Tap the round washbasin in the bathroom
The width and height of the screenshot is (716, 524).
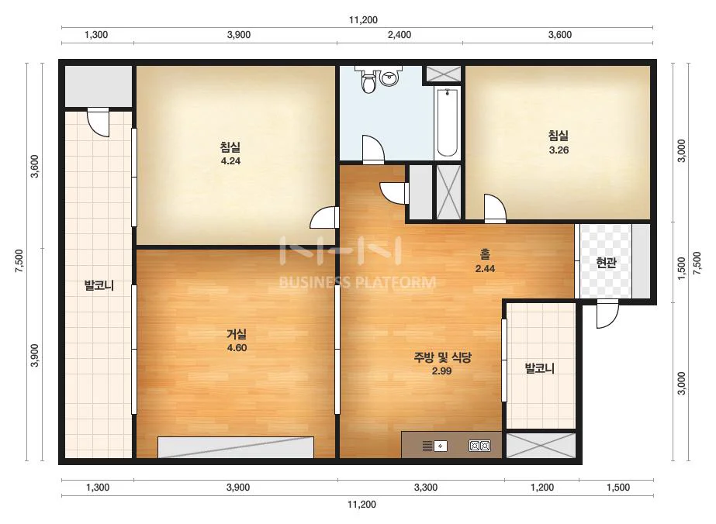pyautogui.click(x=389, y=78)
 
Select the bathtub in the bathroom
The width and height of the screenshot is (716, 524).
pyautogui.click(x=448, y=122)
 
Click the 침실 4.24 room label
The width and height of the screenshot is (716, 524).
pyautogui.click(x=230, y=153)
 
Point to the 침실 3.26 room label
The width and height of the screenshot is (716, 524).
pyautogui.click(x=559, y=143)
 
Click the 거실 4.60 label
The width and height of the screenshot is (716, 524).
pyautogui.click(x=237, y=340)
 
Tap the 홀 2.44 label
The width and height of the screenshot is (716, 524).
pyautogui.click(x=485, y=261)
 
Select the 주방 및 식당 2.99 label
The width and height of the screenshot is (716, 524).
pyautogui.click(x=442, y=364)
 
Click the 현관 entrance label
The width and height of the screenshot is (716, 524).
pyautogui.click(x=607, y=263)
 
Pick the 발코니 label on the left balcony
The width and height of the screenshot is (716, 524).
pyautogui.click(x=99, y=286)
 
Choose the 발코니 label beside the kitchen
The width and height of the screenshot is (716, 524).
pyautogui.click(x=539, y=368)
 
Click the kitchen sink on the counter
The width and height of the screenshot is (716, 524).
pyautogui.click(x=434, y=446)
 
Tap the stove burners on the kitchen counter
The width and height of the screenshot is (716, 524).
pyautogui.click(x=480, y=446)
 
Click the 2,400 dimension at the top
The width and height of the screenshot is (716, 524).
pyautogui.click(x=400, y=35)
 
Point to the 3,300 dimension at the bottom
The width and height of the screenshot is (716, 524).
pyautogui.click(x=426, y=488)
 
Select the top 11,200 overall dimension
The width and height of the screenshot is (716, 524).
pyautogui.click(x=363, y=19)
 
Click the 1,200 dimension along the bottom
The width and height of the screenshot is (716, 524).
pyautogui.click(x=542, y=488)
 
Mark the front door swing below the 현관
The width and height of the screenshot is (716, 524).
pyautogui.click(x=607, y=314)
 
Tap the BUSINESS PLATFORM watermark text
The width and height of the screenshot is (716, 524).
pyautogui.click(x=357, y=282)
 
